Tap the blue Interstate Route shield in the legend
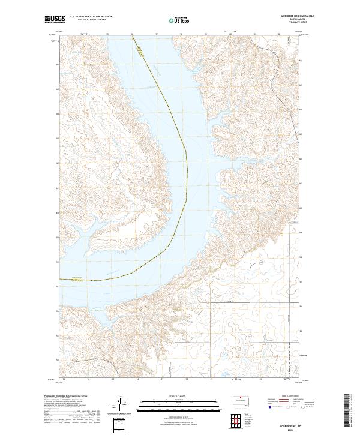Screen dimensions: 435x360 point(268,407)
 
